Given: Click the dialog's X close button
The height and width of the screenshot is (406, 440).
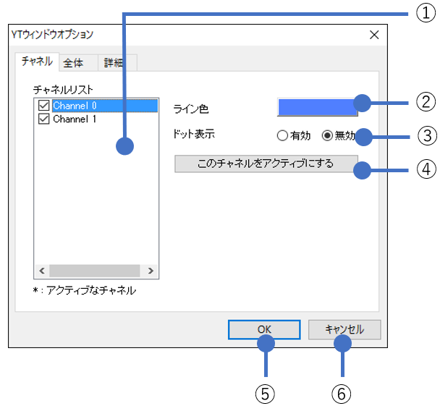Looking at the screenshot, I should click(374, 35).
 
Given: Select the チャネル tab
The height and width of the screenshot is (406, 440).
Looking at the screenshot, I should click(37, 62).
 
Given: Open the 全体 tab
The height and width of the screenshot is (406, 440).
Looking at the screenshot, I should click(73, 63).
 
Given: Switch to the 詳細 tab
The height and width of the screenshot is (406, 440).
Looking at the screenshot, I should click(114, 63).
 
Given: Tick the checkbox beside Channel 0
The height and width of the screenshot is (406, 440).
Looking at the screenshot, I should click(44, 106).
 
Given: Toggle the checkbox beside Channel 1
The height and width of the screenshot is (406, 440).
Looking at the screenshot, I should click(44, 119).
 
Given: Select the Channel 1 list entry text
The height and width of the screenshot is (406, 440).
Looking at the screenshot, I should click(75, 119).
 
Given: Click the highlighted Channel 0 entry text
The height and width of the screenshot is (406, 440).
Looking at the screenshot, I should click(75, 106).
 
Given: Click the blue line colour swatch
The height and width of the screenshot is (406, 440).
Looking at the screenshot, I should click(316, 107).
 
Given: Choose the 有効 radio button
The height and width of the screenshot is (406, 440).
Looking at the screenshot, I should click(282, 135).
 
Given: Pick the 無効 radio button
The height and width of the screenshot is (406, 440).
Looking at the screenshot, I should click(326, 135).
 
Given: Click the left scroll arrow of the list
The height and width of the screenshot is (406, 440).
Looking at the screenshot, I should click(41, 271).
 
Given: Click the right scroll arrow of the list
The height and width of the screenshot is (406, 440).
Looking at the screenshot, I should click(151, 271).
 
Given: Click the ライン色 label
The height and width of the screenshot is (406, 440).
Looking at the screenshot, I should click(191, 109).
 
